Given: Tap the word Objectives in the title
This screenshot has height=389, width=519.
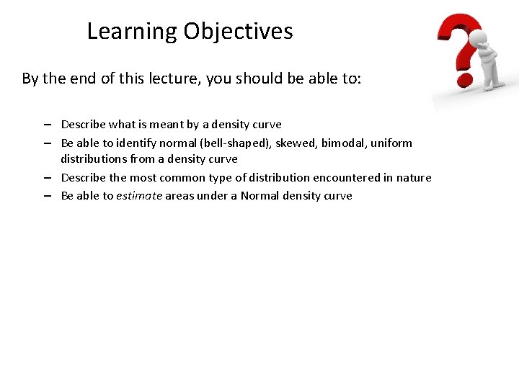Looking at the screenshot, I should (x=238, y=32).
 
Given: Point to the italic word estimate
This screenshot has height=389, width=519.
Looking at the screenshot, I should (x=138, y=196).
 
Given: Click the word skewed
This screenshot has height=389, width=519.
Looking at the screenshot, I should (x=292, y=143).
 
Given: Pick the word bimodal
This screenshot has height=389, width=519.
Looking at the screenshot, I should (x=343, y=143).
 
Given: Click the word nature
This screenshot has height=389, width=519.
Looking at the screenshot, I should (x=413, y=177).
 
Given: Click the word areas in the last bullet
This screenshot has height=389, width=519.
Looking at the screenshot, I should (x=180, y=196).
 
